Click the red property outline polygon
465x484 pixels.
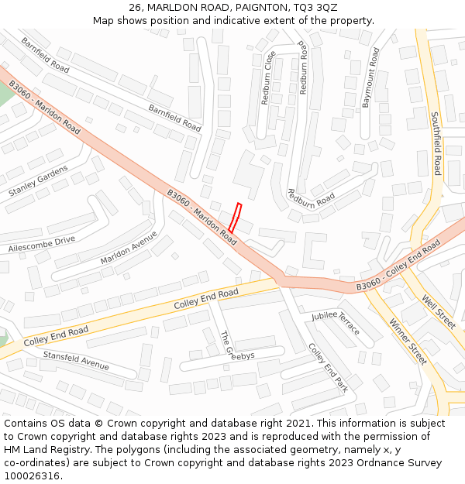(235, 218)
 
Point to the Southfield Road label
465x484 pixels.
(436, 142)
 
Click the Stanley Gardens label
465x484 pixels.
(39, 180)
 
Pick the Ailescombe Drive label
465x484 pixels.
(42, 245)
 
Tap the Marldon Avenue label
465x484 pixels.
(129, 248)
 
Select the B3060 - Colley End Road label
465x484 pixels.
(398, 266)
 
